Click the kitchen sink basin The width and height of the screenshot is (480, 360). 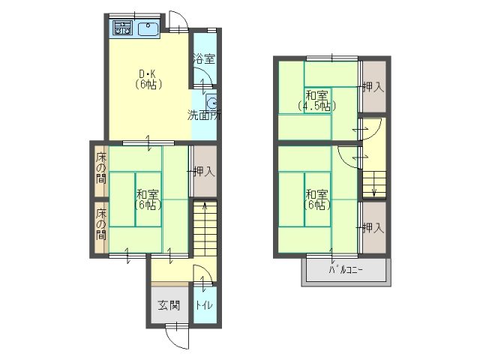coord(148,29)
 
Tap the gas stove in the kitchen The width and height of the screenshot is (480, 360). coord(123,27)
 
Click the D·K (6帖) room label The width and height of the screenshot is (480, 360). coord(148,79)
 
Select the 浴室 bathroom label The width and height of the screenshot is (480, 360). coord(204,58)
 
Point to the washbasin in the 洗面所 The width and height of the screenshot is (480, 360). coord(211,102)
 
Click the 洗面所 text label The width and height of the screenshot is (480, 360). coord(204,115)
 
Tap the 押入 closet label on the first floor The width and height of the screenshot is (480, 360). coord(204,171)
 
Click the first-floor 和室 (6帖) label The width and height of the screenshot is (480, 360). coord(148,199)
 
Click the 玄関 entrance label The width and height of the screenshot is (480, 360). coord(169,305)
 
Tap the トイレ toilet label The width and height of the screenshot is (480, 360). coord(204,305)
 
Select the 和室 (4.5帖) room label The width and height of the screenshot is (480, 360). coord(317,100)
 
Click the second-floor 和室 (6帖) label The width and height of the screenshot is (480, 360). coord(317,199)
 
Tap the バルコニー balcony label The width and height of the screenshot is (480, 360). coord(346,270)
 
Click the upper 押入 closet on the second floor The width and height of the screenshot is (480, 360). coord(374,87)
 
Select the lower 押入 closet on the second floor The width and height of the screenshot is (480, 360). coord(374,227)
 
